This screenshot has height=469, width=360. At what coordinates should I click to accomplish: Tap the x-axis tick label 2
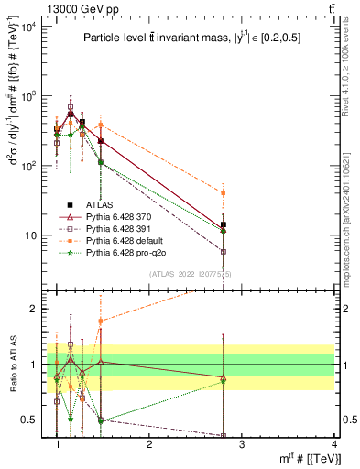149,443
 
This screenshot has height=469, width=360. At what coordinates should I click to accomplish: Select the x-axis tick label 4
334,443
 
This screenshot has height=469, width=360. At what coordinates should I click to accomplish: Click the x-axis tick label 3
242,443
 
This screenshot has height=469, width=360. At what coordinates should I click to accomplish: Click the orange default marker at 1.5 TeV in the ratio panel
101,322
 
